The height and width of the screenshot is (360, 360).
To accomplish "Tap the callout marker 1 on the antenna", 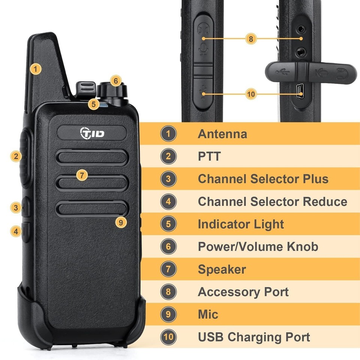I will (35, 69).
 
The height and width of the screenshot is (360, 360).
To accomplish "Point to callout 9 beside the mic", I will (120, 222).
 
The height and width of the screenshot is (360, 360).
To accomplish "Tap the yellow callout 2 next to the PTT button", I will (16, 156).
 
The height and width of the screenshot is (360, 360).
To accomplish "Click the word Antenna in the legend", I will (222, 134).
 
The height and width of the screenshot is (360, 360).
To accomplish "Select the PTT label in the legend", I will (209, 156).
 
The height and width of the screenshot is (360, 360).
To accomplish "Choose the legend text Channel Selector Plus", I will (263, 179).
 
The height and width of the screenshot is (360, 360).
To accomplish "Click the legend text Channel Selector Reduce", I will (272, 201).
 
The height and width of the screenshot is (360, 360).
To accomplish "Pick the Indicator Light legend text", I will (241, 224).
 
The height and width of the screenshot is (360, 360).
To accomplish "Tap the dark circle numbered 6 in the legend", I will (168, 247).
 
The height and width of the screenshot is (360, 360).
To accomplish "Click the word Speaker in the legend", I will (222, 269).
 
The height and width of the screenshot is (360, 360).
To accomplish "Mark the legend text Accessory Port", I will (243, 292).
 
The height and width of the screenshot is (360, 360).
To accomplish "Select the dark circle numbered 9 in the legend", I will (168, 314).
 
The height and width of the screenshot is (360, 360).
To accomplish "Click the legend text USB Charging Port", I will (254, 337).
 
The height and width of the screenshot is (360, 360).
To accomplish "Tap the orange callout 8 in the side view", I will (251, 38).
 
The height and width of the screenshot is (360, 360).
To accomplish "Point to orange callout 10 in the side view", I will (251, 93).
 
